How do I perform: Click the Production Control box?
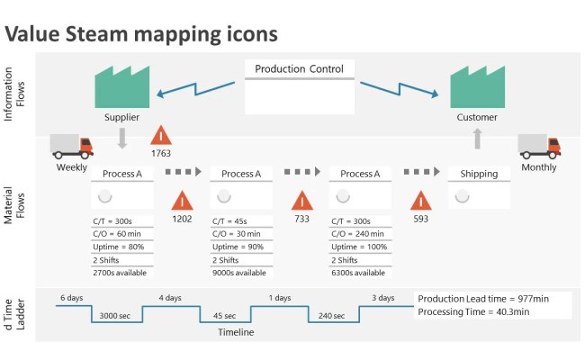click(x=299, y=87)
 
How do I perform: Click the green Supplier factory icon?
click(x=121, y=86)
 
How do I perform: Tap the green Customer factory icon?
click(x=476, y=86)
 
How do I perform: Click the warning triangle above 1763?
click(x=160, y=136)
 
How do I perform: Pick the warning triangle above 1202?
click(x=182, y=201)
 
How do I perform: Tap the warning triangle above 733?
click(x=301, y=201)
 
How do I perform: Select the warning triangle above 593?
click(x=420, y=201)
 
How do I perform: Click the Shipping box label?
click(x=479, y=174)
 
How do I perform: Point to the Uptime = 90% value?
click(x=238, y=247)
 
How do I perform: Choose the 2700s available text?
click(x=120, y=272)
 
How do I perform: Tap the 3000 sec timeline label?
click(x=117, y=316)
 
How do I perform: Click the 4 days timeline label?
click(x=170, y=298)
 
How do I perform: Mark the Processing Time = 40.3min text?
click(x=473, y=311)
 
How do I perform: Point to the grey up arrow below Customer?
click(x=477, y=138)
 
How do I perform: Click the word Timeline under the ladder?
click(x=236, y=332)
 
